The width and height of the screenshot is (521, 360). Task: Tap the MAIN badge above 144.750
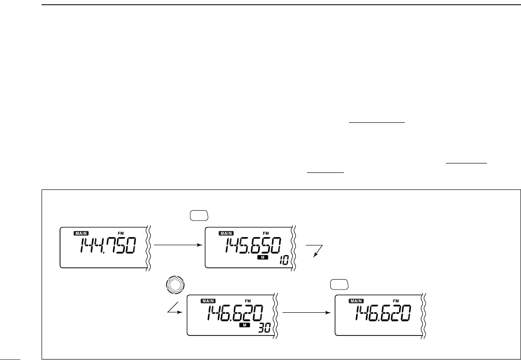click(81, 233)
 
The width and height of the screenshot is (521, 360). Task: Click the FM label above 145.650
click(265, 233)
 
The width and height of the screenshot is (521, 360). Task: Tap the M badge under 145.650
click(262, 257)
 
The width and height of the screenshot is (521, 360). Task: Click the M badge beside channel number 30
click(244, 325)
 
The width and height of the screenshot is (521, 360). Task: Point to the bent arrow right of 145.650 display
click(314, 249)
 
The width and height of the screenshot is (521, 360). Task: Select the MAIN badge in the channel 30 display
click(208, 300)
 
